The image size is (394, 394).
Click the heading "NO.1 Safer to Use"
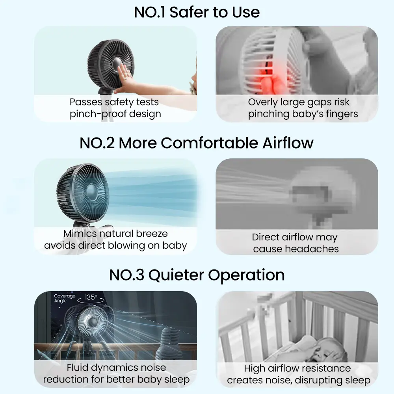tap(197, 12)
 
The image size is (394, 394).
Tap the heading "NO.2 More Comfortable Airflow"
tap(197, 143)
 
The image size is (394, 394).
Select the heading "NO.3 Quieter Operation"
tap(197, 275)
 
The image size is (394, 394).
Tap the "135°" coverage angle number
tap(91, 297)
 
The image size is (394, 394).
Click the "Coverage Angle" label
tap(65, 298)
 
